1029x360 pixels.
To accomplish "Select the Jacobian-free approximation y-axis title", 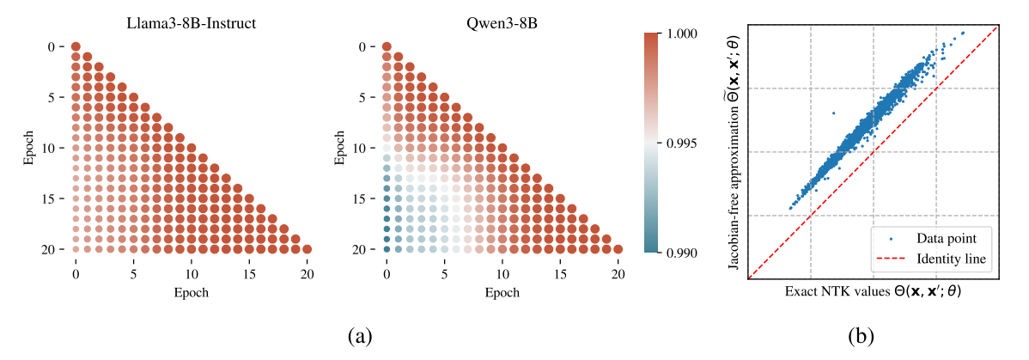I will tap(732, 153).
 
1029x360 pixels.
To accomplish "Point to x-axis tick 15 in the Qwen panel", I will tap(560, 274).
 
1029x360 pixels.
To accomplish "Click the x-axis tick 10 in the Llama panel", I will tap(191, 274).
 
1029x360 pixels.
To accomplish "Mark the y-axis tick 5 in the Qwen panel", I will tap(368, 97).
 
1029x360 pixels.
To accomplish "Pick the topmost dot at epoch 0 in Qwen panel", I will tap(387, 46).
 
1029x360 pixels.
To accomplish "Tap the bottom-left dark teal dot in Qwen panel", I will tap(387, 249).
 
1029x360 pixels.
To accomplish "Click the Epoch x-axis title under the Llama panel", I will tap(191, 292).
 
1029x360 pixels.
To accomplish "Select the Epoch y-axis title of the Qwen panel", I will tap(341, 148).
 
